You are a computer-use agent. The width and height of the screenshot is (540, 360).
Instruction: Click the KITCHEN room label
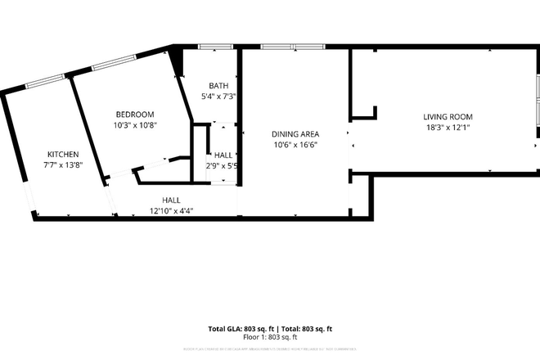click(x=63, y=154)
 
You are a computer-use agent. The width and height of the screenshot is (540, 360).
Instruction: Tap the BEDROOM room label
click(x=135, y=115)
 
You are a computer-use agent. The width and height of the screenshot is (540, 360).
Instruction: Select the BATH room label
click(x=218, y=86)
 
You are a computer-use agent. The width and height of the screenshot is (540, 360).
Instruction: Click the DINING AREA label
click(x=295, y=134)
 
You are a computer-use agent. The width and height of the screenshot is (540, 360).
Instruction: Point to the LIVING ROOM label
click(x=448, y=117)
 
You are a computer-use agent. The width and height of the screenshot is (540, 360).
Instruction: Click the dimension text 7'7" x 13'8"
click(x=63, y=164)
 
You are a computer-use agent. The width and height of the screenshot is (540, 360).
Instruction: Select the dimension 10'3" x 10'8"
click(x=135, y=125)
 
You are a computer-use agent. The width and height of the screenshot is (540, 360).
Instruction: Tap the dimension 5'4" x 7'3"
click(x=218, y=97)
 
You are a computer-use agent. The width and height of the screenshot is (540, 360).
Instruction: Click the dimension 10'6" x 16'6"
click(x=295, y=145)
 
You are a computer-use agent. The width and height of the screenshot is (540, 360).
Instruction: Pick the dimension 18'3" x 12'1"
click(x=448, y=128)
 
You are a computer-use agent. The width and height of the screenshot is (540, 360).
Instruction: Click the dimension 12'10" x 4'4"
click(x=171, y=210)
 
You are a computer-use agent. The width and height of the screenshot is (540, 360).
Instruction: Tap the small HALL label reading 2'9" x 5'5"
click(x=222, y=166)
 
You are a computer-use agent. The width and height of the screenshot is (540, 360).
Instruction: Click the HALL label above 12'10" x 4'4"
click(x=171, y=200)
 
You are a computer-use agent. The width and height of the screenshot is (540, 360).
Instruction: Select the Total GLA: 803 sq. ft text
click(x=237, y=329)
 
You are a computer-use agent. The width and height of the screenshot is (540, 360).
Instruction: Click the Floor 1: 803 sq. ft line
click(x=270, y=336)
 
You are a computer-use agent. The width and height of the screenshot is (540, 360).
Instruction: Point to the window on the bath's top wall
click(x=214, y=47)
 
